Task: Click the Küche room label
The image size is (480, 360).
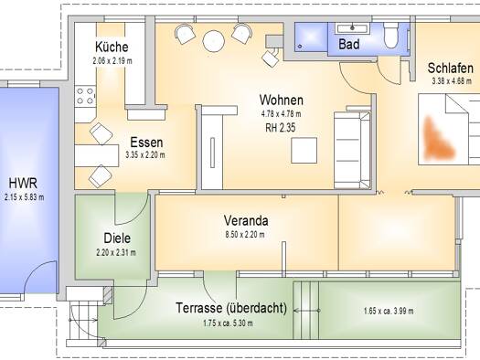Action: pyautogui.click(x=112, y=47)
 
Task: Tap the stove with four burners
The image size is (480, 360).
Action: pyautogui.click(x=85, y=96)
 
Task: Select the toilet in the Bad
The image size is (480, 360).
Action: pyautogui.click(x=390, y=36)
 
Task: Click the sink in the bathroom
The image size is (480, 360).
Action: pyautogui.click(x=352, y=28)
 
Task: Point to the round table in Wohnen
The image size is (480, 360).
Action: pyautogui.click(x=214, y=41)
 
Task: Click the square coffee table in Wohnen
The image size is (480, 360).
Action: pyautogui.click(x=304, y=150)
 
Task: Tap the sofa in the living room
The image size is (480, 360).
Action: pyautogui.click(x=352, y=150)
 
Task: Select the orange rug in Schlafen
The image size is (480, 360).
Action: pyautogui.click(x=438, y=139)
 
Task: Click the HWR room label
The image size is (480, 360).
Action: pyautogui.click(x=23, y=184)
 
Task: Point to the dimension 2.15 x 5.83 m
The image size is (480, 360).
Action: pyautogui.click(x=24, y=197)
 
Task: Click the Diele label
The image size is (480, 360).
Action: pyautogui.click(x=117, y=238)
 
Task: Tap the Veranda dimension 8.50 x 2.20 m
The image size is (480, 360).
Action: pyautogui.click(x=245, y=235)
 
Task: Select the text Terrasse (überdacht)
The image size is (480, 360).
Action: pyautogui.click(x=231, y=308)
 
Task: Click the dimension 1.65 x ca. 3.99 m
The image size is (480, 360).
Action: pyautogui.click(x=389, y=311)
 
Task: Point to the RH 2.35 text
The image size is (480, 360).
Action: pyautogui.click(x=281, y=128)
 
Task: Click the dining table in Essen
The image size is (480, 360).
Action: pyautogui.click(x=97, y=155)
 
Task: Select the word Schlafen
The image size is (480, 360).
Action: pyautogui.click(x=451, y=68)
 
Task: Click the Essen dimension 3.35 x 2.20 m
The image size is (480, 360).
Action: pyautogui.click(x=145, y=155)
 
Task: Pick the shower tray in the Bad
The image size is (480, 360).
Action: pyautogui.click(x=311, y=37)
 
